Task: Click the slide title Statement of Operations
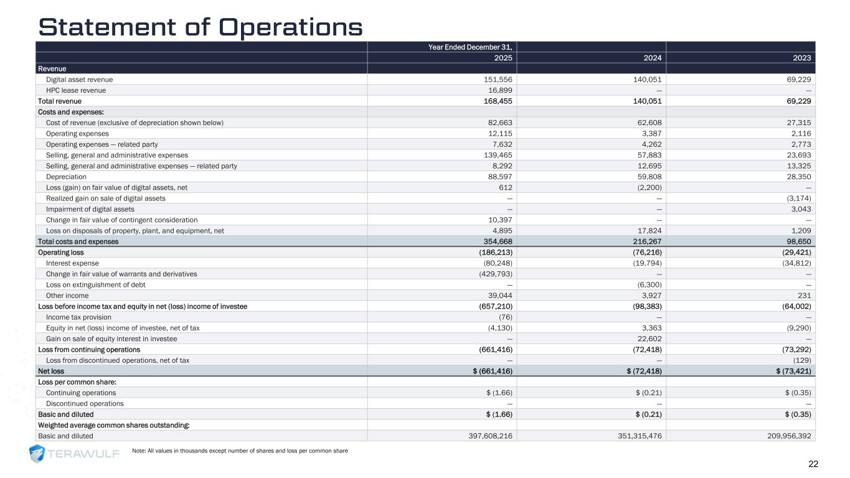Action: pyautogui.click(x=200, y=27)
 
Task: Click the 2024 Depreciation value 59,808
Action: pyautogui.click(x=648, y=177)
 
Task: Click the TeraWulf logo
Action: pyautogui.click(x=75, y=454)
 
